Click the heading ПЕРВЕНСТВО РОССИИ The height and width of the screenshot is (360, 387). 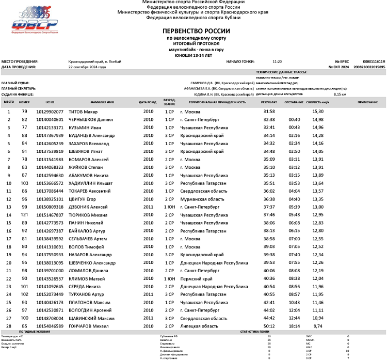coord(196,31)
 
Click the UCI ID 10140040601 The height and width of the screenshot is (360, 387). coord(50,119)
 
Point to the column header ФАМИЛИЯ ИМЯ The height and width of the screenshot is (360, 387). coord(102,102)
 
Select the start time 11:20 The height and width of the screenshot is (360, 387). coord(277,61)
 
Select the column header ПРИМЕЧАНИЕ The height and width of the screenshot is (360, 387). coord(367,102)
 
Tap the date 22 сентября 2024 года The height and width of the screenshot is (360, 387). coord(87,67)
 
